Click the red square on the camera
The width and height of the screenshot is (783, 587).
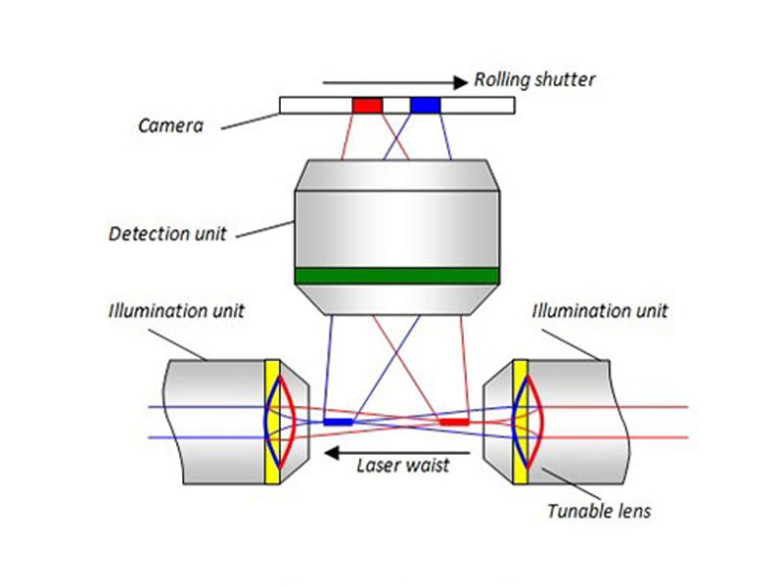pyautogui.click(x=367, y=105)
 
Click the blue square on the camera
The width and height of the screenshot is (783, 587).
pyautogui.click(x=425, y=105)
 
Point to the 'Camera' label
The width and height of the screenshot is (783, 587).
pyautogui.click(x=169, y=125)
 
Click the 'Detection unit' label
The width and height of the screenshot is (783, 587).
pyautogui.click(x=167, y=234)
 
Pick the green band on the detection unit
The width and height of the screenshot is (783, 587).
pyautogui.click(x=396, y=275)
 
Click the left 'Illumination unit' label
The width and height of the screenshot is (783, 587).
pyautogui.click(x=175, y=311)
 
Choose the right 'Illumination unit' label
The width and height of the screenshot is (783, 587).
pyautogui.click(x=599, y=311)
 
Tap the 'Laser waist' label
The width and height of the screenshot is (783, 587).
pyautogui.click(x=401, y=465)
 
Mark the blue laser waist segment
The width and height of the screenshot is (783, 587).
pyautogui.click(x=338, y=422)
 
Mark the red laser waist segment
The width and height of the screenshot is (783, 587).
pyautogui.click(x=453, y=422)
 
